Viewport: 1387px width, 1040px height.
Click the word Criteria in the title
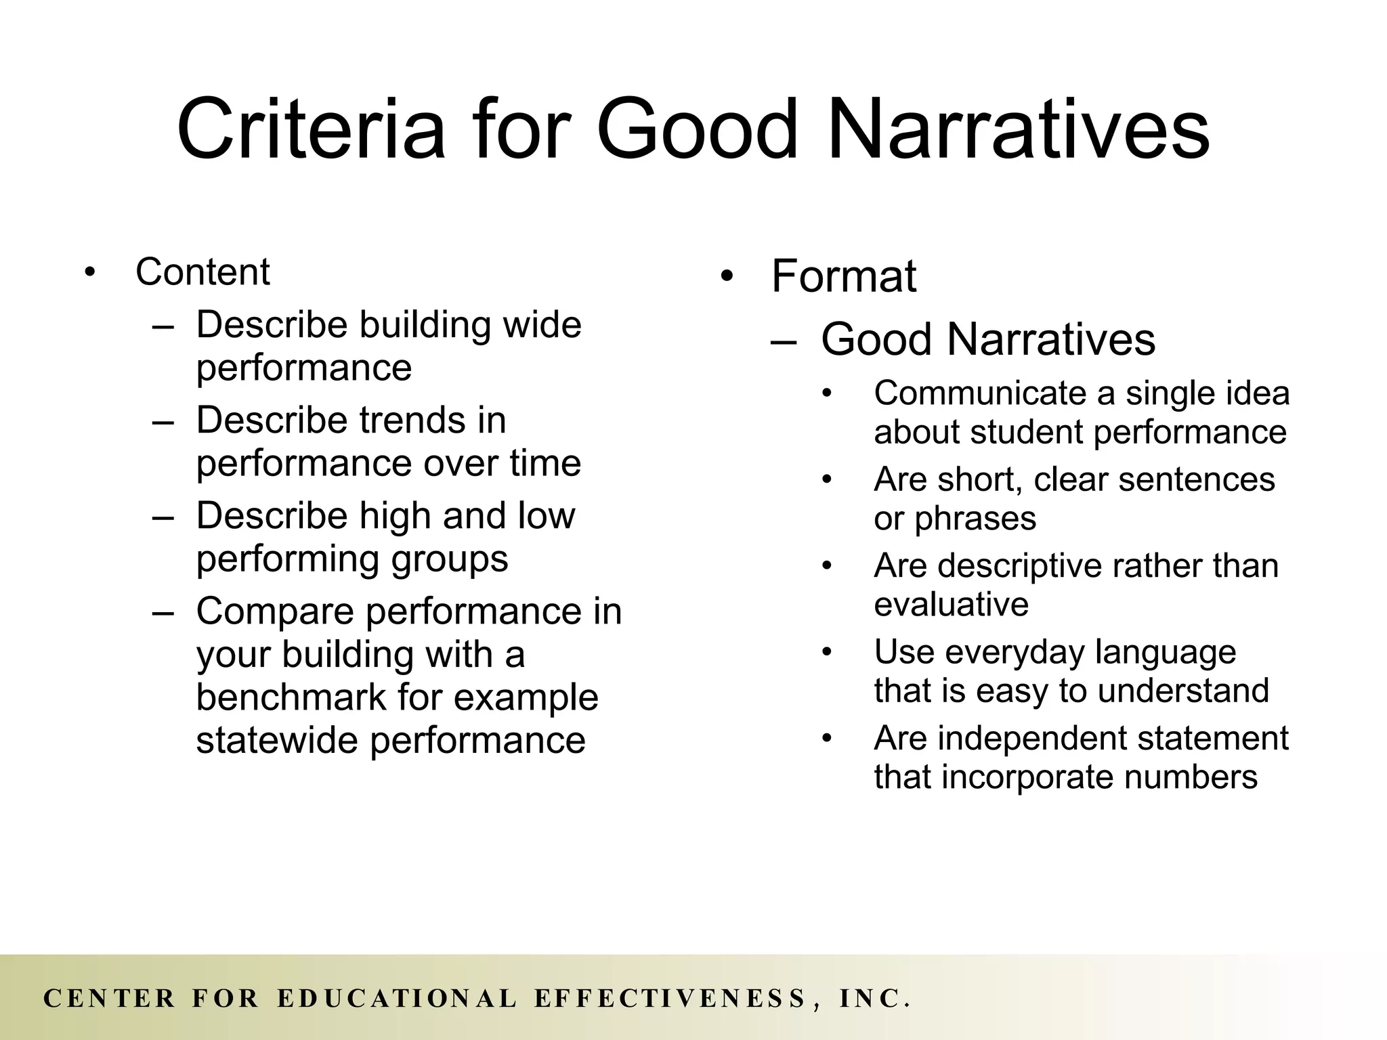311,129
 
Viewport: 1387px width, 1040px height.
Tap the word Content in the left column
202,272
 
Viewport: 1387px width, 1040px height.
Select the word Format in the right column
843,276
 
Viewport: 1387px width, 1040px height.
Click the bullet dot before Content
90,273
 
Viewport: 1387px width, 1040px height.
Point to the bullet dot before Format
727,277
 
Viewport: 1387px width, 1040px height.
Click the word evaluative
951,604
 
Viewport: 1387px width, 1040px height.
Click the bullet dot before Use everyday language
826,653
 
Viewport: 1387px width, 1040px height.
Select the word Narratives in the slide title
1019,129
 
